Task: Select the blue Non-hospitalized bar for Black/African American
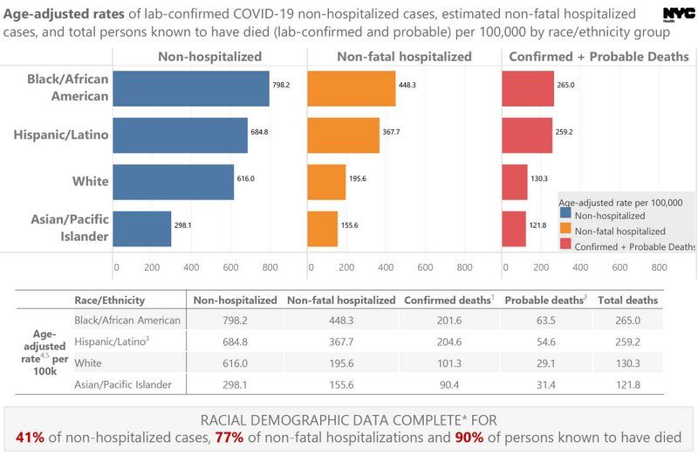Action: click(x=191, y=88)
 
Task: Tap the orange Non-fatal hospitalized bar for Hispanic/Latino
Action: click(x=344, y=135)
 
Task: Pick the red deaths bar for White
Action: click(x=515, y=182)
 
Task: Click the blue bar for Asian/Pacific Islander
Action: click(x=143, y=228)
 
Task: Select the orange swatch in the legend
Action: click(x=565, y=231)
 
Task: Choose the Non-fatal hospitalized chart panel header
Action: click(x=403, y=57)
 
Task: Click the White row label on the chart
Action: click(x=90, y=182)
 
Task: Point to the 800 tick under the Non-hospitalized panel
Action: click(x=269, y=267)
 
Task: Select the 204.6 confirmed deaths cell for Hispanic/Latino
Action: click(x=448, y=342)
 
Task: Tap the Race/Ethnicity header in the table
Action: click(x=110, y=300)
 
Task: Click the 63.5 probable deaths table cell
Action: click(x=544, y=321)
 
